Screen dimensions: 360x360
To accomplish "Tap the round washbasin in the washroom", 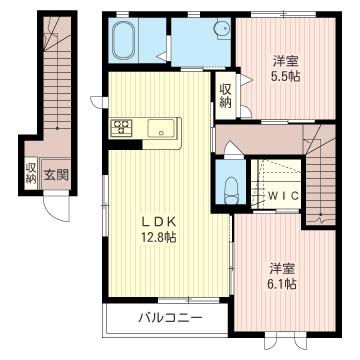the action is pyautogui.click(x=223, y=29).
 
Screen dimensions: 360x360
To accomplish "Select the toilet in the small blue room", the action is pyautogui.click(x=230, y=190).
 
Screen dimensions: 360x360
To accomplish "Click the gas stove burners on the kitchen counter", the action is pyautogui.click(x=121, y=127).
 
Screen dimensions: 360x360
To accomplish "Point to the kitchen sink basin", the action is pyautogui.click(x=161, y=128).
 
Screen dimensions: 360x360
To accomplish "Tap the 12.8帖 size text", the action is pyautogui.click(x=158, y=237).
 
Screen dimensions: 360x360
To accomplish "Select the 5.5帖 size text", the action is pyautogui.click(x=286, y=77).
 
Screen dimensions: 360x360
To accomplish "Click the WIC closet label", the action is pyautogui.click(x=283, y=196).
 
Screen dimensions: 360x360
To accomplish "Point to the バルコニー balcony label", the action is pyautogui.click(x=170, y=317).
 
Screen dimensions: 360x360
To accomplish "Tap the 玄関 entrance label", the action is pyautogui.click(x=56, y=174).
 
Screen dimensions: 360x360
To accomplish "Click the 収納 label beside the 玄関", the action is pyautogui.click(x=31, y=174).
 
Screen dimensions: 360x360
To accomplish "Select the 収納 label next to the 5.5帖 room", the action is pyautogui.click(x=225, y=95).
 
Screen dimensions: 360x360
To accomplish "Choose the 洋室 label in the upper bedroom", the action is pyautogui.click(x=286, y=62).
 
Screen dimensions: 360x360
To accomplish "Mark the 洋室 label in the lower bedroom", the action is pyautogui.click(x=283, y=268).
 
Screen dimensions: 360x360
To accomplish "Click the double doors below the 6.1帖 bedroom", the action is pyautogui.click(x=285, y=340).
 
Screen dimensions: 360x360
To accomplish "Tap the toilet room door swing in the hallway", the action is pyautogui.click(x=233, y=149).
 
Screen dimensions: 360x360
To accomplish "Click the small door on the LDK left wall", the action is pyautogui.click(x=98, y=102).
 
